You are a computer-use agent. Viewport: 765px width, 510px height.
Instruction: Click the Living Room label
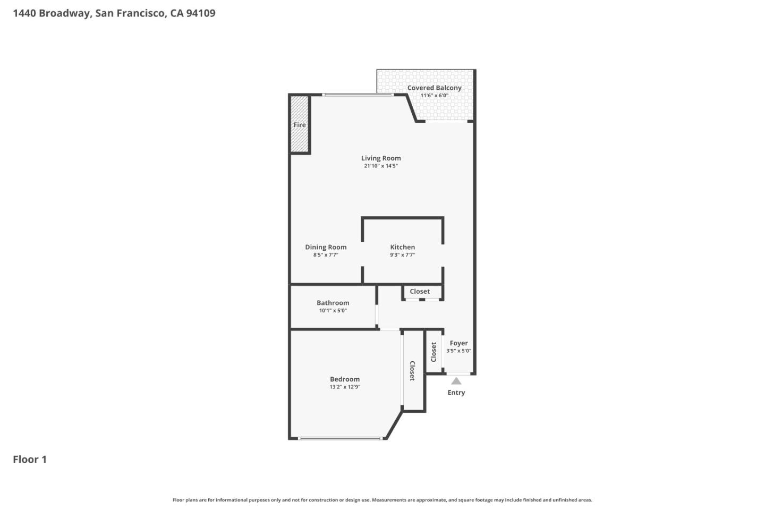click(x=381, y=158)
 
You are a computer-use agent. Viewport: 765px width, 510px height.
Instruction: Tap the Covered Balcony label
click(x=434, y=88)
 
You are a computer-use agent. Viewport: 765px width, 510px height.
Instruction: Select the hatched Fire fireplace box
click(x=300, y=125)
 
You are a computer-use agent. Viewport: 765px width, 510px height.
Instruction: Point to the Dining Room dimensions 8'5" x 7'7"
click(x=326, y=255)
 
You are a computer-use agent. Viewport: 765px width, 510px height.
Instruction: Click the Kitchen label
click(x=402, y=247)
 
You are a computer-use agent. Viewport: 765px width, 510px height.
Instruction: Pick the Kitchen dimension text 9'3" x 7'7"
click(x=402, y=255)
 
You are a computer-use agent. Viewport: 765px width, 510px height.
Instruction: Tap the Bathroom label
click(x=333, y=303)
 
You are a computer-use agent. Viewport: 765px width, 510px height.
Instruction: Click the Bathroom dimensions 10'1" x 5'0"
click(x=333, y=311)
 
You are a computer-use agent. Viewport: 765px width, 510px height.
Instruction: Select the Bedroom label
click(x=345, y=379)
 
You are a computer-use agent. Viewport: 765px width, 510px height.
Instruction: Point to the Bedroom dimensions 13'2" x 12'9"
click(x=345, y=387)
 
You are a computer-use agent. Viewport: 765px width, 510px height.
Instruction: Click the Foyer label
click(x=458, y=343)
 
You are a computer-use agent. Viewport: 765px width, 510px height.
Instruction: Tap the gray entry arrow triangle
click(x=456, y=381)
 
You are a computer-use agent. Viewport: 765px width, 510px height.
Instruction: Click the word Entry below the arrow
click(x=456, y=393)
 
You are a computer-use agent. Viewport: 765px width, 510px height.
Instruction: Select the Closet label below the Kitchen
click(x=420, y=291)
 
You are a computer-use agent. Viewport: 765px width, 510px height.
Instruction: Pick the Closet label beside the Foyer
click(x=433, y=352)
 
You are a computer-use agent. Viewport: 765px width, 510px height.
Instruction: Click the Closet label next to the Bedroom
click(x=412, y=371)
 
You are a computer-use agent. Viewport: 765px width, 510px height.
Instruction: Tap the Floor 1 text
click(x=30, y=460)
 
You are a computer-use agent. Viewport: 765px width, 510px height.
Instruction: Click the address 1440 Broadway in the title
click(x=52, y=13)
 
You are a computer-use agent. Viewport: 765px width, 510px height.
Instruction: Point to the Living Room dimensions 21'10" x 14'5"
click(x=381, y=166)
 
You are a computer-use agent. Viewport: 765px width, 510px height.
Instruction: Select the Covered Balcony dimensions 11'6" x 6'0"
click(x=434, y=96)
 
